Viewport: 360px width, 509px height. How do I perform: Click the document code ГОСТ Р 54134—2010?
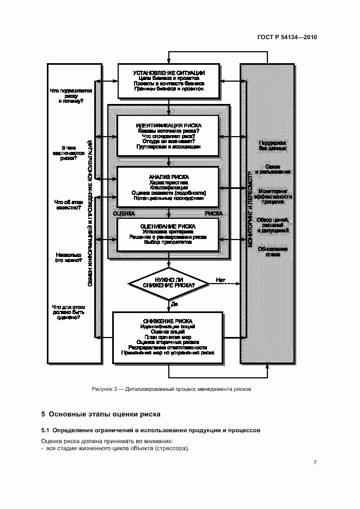pos(287,38)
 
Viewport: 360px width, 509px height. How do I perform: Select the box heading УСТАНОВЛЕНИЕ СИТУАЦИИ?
pos(169,72)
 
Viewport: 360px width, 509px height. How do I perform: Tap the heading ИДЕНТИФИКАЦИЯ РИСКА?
pos(169,125)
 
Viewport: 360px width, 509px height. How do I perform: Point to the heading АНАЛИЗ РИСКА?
pos(169,177)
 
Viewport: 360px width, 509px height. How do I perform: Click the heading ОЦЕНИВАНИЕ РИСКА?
pos(169,226)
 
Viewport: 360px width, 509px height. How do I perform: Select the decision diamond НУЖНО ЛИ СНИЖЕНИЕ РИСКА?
pos(169,283)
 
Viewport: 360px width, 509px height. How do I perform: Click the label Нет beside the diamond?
pos(220,280)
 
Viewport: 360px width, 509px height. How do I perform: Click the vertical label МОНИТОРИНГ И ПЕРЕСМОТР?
pos(250,209)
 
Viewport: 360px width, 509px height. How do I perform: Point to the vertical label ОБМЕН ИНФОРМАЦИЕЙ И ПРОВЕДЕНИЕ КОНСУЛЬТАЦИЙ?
pos(90,212)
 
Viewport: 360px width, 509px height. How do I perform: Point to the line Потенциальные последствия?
pos(169,199)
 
